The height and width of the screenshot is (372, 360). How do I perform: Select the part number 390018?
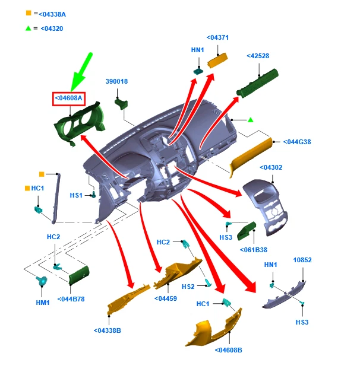click(117, 81)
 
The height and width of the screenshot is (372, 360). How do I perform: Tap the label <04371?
click(217, 37)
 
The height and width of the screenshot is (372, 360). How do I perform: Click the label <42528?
click(258, 56)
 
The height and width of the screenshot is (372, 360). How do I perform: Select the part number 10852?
click(302, 260)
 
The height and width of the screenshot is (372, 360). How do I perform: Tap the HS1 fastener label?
click(77, 195)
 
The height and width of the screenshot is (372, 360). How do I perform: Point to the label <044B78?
click(71, 298)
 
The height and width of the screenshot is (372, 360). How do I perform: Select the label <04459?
click(165, 298)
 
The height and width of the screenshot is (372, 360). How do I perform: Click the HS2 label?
click(188, 287)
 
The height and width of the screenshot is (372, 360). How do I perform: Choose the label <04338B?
click(107, 330)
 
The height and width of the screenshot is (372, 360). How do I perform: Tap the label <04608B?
click(229, 350)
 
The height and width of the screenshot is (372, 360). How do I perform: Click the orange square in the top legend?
click(28, 12)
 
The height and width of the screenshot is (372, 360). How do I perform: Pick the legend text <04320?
click(52, 28)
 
